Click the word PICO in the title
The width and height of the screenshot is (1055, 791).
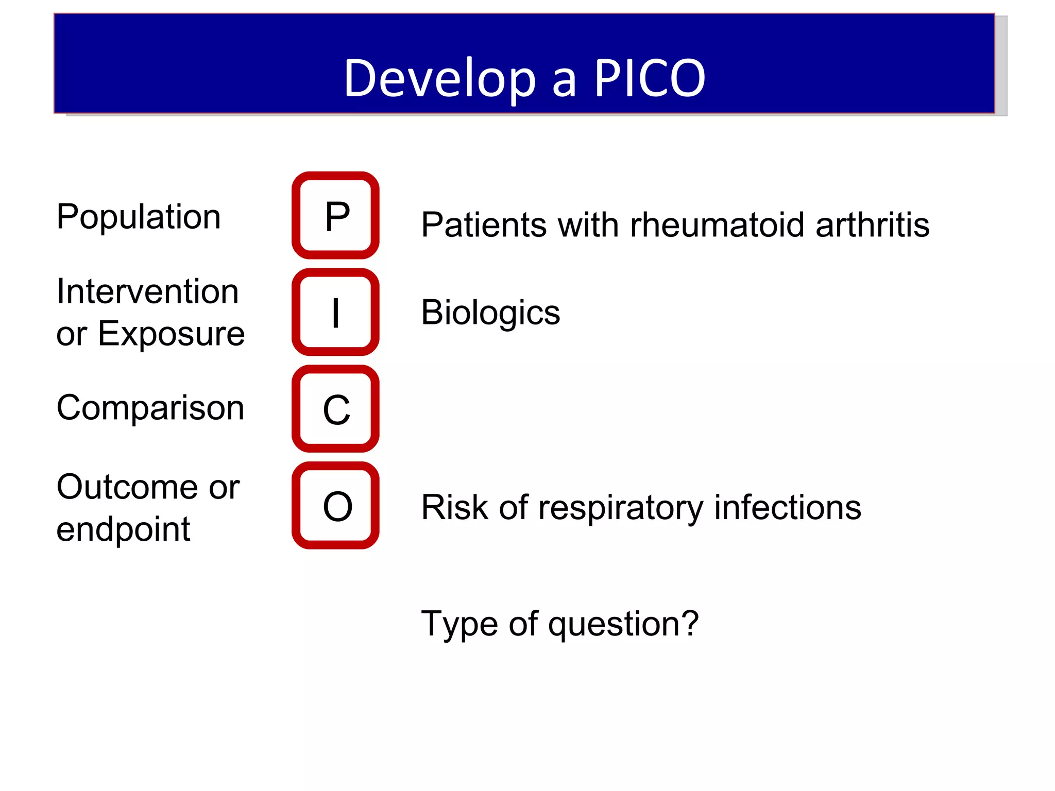tap(650, 78)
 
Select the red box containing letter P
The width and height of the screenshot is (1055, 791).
tap(336, 216)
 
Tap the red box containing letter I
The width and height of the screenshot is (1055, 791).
tap(336, 312)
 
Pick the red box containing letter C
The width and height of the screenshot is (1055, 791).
tap(336, 409)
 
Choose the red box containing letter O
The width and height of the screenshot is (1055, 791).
tap(336, 506)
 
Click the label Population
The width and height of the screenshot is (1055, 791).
tap(139, 217)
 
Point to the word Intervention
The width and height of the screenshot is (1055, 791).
tap(147, 291)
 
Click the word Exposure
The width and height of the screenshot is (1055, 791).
tap(171, 334)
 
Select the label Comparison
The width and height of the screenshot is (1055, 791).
tap(150, 408)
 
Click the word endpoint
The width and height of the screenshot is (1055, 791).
tap(123, 529)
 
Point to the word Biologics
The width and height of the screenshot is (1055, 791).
tap(490, 313)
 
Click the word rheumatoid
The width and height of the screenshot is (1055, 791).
tap(717, 225)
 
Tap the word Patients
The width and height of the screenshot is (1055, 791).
tap(484, 225)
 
